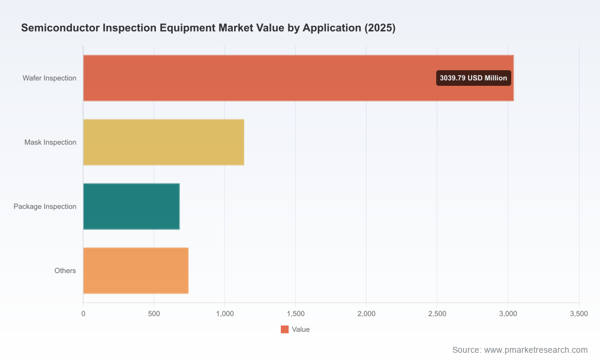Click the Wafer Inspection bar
[x=298, y=78]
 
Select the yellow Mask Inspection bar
[x=164, y=142]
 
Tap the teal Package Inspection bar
[x=131, y=206]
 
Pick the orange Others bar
[x=136, y=271]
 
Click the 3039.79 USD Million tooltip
[x=474, y=78]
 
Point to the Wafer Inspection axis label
[x=49, y=78]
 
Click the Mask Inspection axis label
[x=50, y=142]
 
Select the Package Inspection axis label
[x=45, y=206]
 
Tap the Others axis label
[x=65, y=271]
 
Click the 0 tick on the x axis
[x=83, y=314]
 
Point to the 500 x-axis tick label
[x=154, y=314]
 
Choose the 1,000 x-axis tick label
[x=225, y=314]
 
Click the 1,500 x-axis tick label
[x=296, y=314]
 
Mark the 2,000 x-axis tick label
[x=367, y=314]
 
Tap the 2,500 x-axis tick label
[x=437, y=314]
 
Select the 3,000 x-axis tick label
[x=508, y=314]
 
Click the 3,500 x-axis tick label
[x=579, y=314]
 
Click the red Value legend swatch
[x=284, y=329]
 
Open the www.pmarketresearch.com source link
[x=536, y=350]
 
